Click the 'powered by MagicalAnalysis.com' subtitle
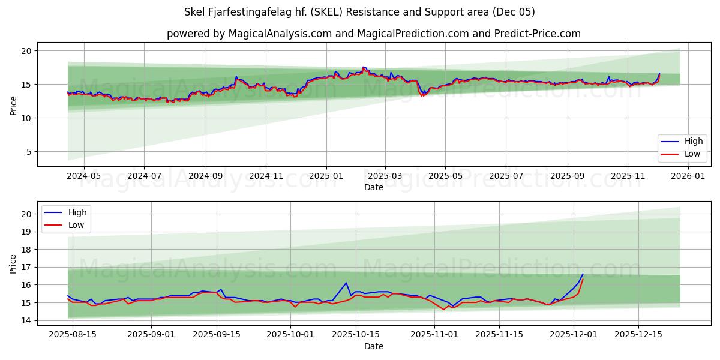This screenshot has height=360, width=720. (373, 34)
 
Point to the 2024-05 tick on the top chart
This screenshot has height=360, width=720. (83, 176)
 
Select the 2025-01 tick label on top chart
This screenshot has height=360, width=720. (326, 176)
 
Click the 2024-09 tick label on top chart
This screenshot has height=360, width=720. (206, 176)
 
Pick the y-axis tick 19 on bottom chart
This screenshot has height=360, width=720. (26, 232)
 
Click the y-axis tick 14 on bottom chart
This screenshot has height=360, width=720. (26, 320)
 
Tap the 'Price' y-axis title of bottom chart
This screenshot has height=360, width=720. (13, 263)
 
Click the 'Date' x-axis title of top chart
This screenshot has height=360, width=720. (373, 187)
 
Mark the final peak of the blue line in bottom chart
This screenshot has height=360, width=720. (583, 274)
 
